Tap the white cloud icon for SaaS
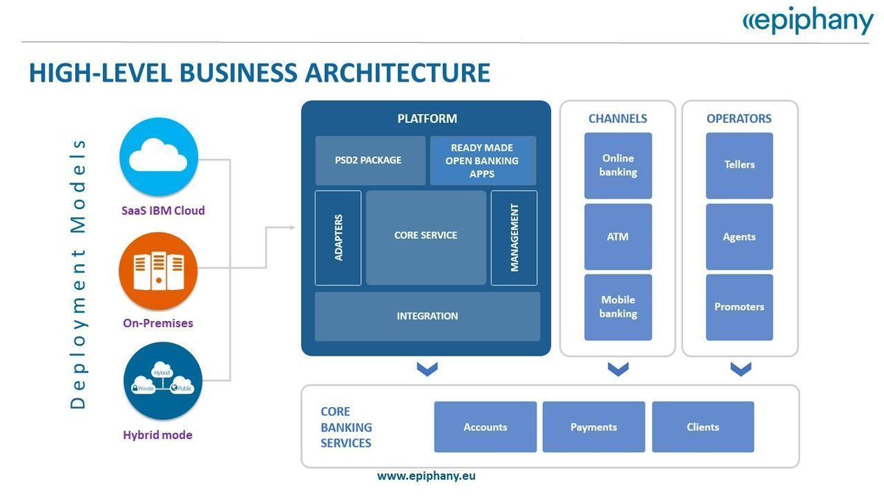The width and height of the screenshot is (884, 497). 158,157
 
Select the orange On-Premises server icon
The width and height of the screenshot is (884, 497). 158,269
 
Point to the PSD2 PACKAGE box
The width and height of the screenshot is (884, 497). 370,160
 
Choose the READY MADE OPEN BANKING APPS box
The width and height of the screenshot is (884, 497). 483,161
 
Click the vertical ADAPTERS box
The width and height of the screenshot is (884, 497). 338,238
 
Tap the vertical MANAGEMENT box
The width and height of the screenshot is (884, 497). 514,238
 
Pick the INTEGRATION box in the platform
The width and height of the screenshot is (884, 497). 427,317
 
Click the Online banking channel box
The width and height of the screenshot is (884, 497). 618,166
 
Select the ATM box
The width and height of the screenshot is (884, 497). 618,237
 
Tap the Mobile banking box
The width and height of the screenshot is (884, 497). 618,307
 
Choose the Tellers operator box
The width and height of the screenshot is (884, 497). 740,166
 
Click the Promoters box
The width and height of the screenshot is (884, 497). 740,307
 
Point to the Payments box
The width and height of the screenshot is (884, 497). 594,427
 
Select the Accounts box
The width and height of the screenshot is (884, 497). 485,427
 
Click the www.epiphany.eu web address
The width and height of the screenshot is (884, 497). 427,476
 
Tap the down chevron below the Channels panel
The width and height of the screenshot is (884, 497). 618,368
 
